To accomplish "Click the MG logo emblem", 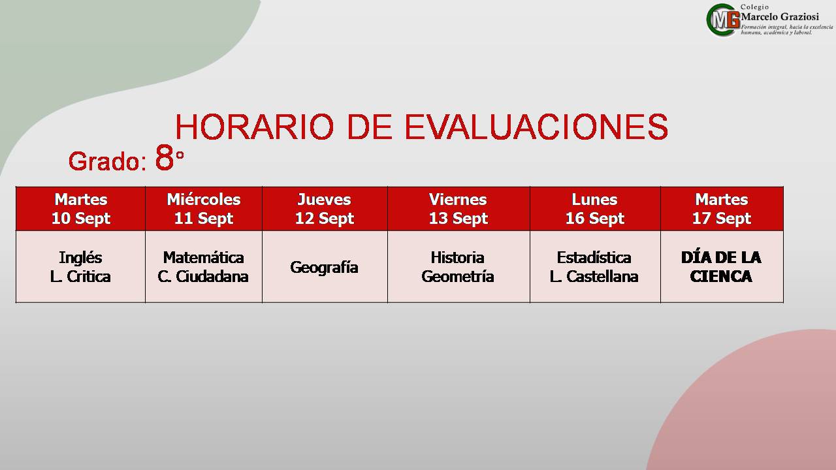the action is coord(723,20).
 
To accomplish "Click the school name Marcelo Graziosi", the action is coord(780,17).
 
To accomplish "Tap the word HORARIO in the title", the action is coord(254,127).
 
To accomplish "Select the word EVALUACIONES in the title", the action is coord(537,127).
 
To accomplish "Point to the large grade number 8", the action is coord(165,157).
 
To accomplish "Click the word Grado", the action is coord(108,161).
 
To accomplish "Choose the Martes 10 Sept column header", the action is coord(80,208).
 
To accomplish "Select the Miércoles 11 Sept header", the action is coord(204,208).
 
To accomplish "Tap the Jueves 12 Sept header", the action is coord(325,208).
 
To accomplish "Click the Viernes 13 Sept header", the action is coord(458,208).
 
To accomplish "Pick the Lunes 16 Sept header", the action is coord(595,208).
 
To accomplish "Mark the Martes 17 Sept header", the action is coord(722,208).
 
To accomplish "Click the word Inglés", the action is coord(80,258).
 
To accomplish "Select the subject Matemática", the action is coord(203,257).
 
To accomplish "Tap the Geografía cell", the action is coord(325,268).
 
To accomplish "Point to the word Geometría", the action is coord(458,276).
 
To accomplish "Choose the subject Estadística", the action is coord(594,257).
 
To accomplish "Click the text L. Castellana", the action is coord(594,276).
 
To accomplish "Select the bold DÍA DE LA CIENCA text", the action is coord(721,267).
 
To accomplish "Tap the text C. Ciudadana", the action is coord(203,276).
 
